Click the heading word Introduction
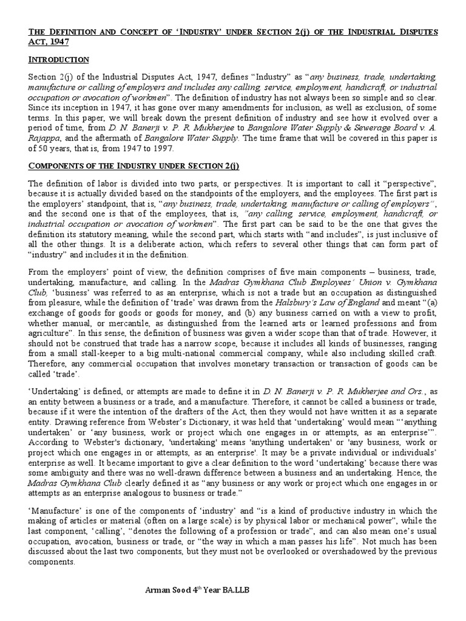click(58, 59)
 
